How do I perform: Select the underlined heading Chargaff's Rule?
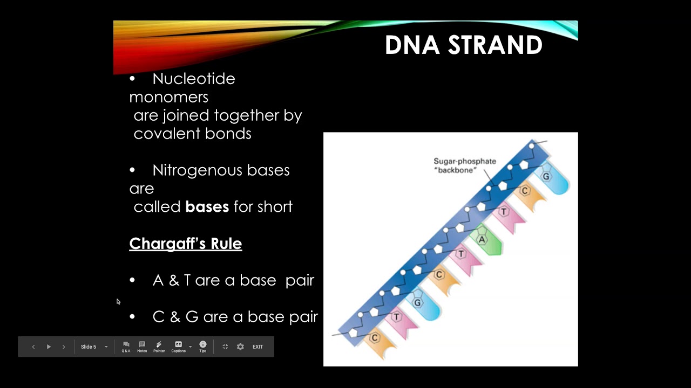point(185,244)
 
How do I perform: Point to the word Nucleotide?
point(193,79)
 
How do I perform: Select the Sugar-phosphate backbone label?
point(464,165)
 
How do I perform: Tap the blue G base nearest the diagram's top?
point(547,177)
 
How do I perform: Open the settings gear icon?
point(240,347)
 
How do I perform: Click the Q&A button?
point(126,347)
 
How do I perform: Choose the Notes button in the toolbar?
point(142,347)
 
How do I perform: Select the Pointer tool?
point(159,347)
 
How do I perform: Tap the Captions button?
point(178,347)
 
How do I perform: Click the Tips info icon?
point(203,347)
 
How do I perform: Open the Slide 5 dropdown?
point(94,347)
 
